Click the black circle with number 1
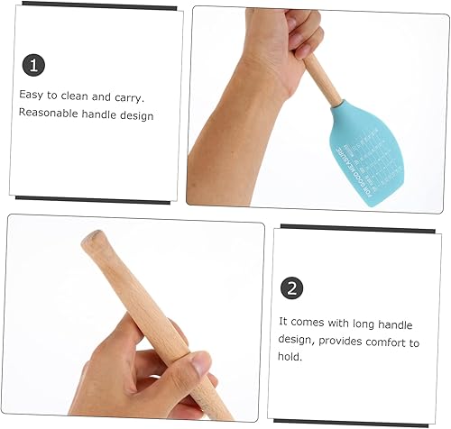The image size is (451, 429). tap(33, 65)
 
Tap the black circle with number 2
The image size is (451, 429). tap(291, 288)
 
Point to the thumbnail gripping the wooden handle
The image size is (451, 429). tap(199, 364)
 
